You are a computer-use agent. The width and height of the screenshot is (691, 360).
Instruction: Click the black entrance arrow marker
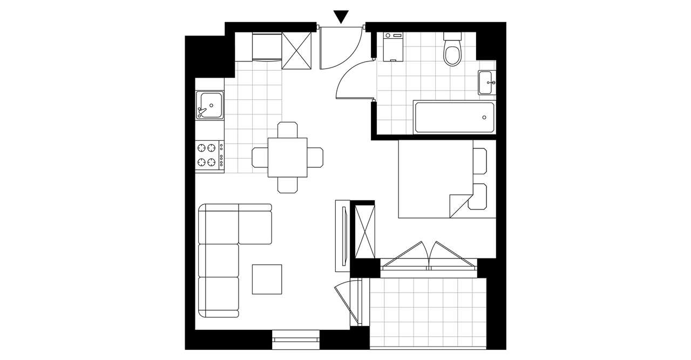point(341,17)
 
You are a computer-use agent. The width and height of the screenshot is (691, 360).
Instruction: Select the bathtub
point(454,118)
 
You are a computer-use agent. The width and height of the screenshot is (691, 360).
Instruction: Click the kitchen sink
point(210,105)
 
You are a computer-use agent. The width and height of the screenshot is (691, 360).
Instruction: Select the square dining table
point(288,157)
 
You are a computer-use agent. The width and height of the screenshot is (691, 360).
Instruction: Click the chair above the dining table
point(288,131)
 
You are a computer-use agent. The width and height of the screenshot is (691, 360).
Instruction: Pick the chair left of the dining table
point(260,157)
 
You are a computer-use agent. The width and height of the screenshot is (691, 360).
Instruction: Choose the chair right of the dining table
point(315,157)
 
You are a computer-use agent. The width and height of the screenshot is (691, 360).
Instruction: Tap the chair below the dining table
point(288,185)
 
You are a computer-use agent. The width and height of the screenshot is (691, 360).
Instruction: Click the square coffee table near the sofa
point(267,279)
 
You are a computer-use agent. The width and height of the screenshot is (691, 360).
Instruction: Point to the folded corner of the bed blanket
point(458,203)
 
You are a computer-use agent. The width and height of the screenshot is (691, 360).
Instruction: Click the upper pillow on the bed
point(480,160)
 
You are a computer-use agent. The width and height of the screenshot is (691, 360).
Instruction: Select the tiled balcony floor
point(428,313)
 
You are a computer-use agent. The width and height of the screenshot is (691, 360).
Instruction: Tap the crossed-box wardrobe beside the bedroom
point(364,231)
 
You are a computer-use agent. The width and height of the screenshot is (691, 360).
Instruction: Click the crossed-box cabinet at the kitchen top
point(297,51)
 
